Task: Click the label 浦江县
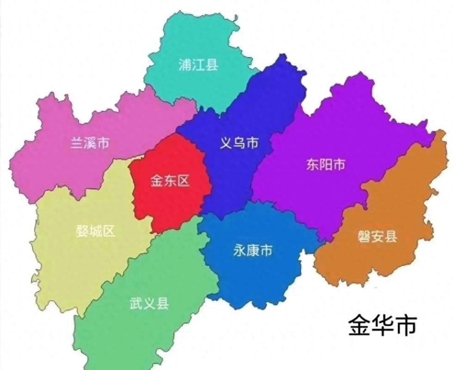[198, 65]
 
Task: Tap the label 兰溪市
[90, 143]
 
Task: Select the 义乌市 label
[239, 143]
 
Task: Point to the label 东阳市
[325, 164]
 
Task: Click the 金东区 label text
[170, 181]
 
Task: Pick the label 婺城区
[95, 231]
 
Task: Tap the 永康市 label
[252, 251]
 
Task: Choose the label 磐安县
[377, 237]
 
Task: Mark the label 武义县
[149, 304]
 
